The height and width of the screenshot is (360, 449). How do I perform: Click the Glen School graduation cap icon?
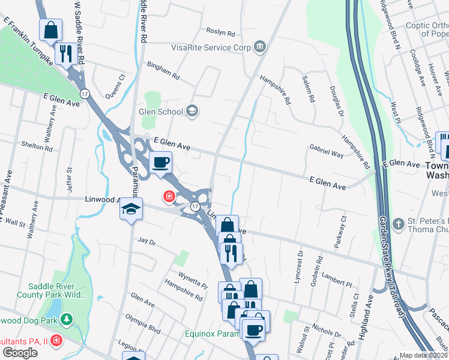[x=191, y=110]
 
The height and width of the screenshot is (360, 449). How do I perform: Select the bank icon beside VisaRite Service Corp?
[x=260, y=47]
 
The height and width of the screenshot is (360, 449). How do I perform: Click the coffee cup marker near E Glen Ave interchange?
[x=160, y=162]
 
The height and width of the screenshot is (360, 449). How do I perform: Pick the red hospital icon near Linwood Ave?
[x=169, y=196]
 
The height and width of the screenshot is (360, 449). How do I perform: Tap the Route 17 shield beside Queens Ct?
[x=85, y=94]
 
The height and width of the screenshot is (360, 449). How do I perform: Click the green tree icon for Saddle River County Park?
[x=68, y=317]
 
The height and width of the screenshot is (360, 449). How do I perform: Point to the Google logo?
[x=19, y=353]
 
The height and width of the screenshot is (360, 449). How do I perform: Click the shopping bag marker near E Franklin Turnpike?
[x=51, y=28]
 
